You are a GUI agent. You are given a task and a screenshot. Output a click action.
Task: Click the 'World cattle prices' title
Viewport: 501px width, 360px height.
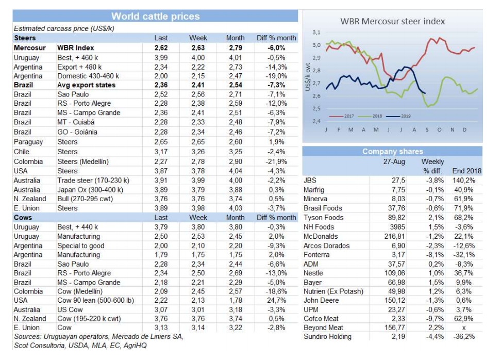(155, 17)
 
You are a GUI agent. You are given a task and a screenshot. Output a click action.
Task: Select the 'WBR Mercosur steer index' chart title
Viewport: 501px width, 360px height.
(392, 22)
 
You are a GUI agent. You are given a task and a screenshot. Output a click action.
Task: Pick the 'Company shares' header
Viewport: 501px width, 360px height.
(392, 152)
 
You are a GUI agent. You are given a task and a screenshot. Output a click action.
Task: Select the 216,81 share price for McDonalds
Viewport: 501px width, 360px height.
(394, 236)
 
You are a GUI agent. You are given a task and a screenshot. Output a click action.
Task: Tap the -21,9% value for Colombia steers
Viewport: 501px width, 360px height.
(276, 161)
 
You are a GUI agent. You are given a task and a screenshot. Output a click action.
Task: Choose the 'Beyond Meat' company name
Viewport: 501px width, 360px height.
(323, 327)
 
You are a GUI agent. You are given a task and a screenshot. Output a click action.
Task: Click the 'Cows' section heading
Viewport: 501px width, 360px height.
(22, 218)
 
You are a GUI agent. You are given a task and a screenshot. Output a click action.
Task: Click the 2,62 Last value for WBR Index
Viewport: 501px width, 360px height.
(161, 47)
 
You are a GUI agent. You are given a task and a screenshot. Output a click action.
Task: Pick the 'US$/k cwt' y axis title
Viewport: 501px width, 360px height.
(307, 77)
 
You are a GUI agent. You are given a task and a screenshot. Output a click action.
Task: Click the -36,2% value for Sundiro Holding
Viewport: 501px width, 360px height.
(462, 336)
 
